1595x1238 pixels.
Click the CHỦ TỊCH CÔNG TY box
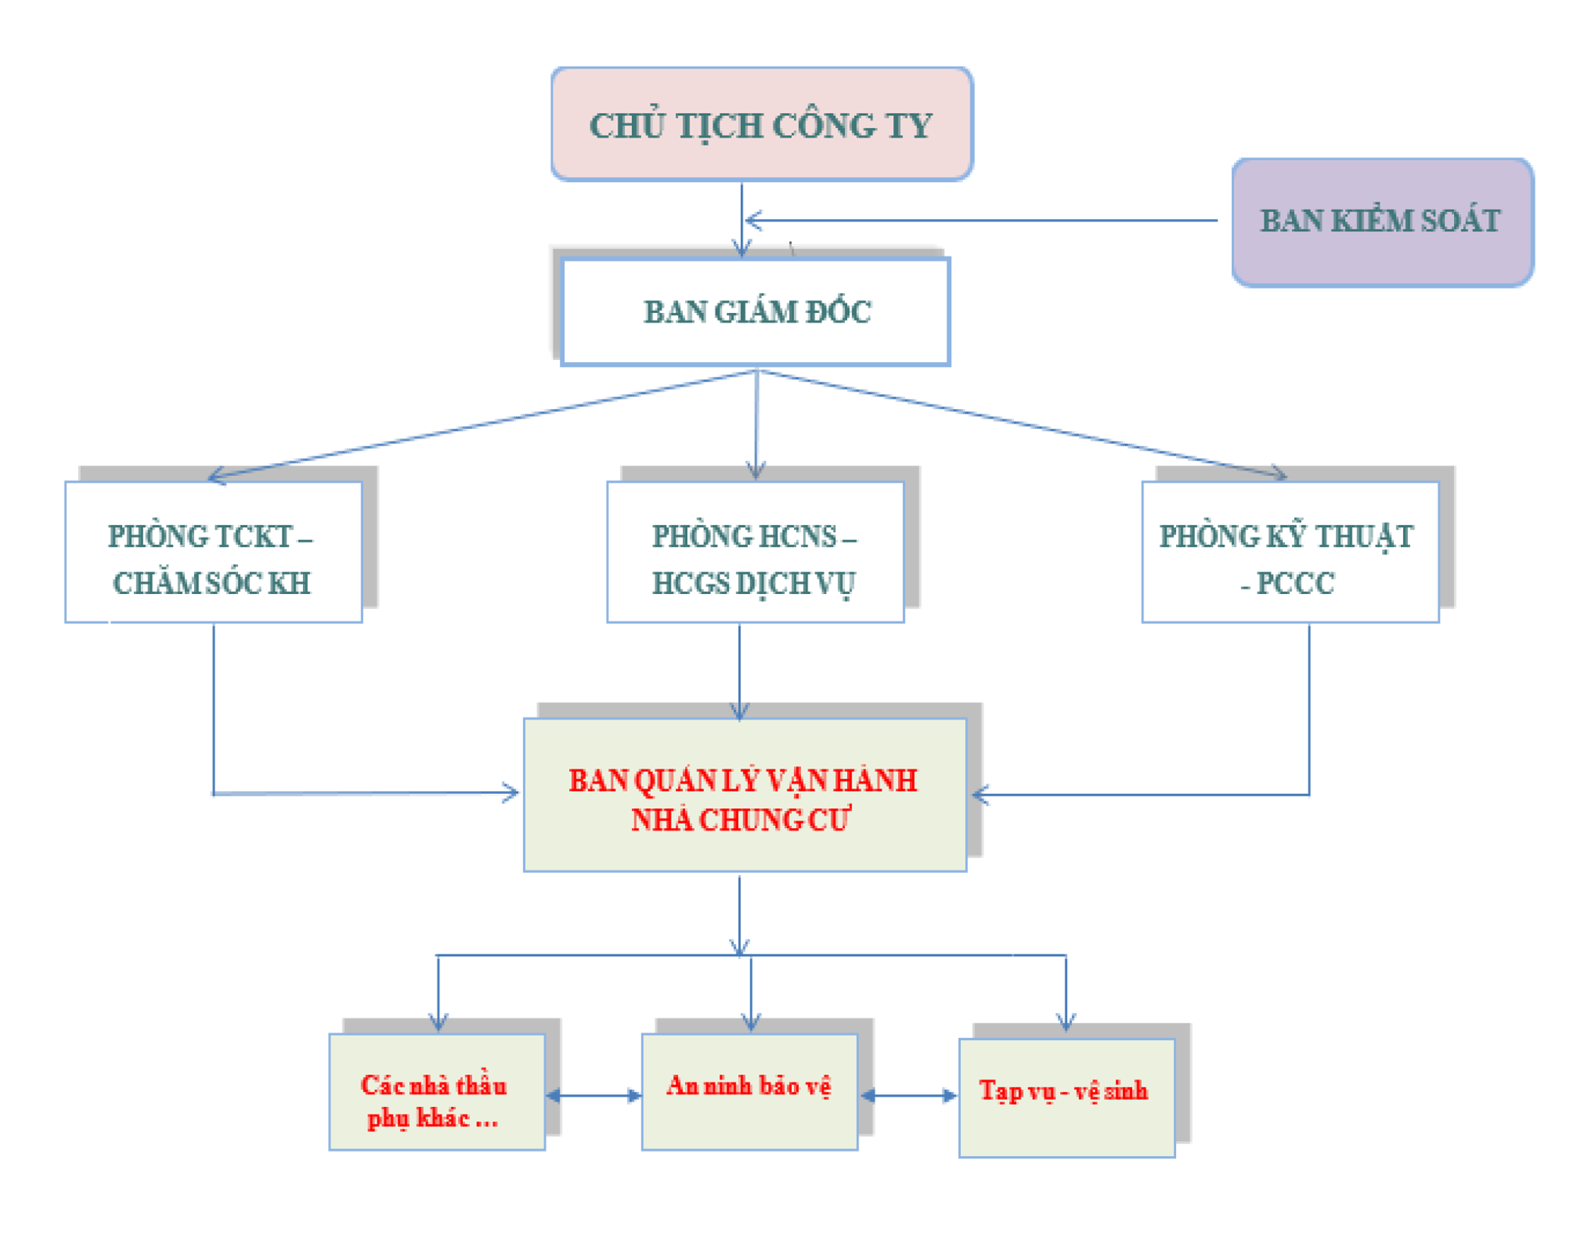[x=761, y=123]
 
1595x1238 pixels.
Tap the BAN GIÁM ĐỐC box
[x=755, y=311]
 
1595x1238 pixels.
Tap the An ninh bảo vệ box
[x=749, y=1091]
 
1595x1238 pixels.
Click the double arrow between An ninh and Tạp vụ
[x=908, y=1095]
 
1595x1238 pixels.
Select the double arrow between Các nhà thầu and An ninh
[x=593, y=1095]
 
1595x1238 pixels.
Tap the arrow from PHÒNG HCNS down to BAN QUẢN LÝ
[x=740, y=671]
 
